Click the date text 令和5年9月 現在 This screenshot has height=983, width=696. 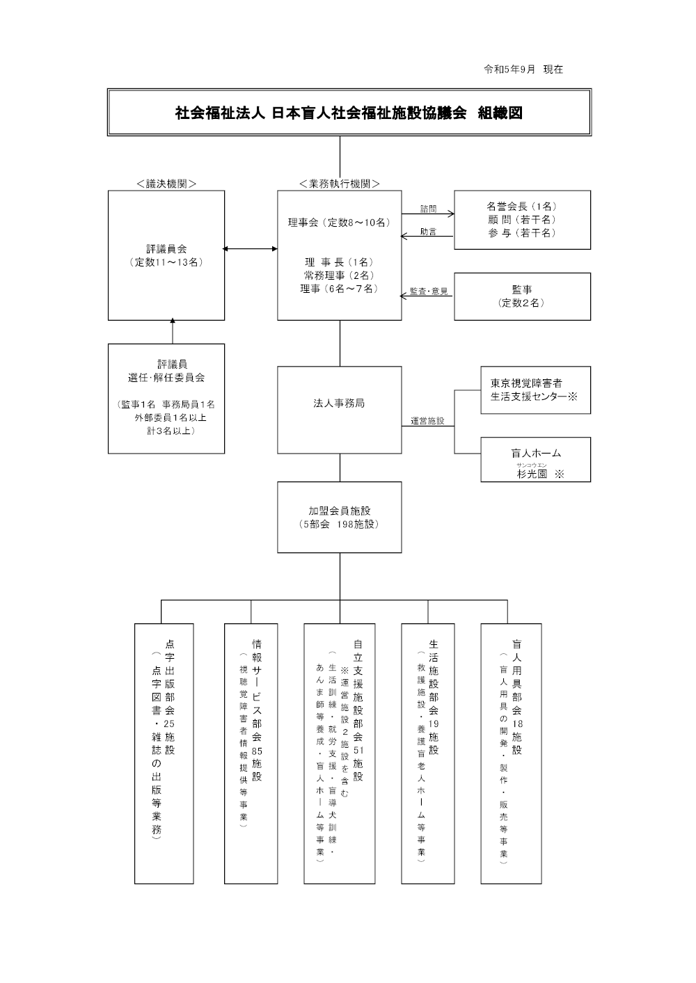point(523,70)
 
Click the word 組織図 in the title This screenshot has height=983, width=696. point(500,113)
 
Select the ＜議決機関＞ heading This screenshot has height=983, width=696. point(166,184)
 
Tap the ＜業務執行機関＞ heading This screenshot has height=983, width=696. point(340,184)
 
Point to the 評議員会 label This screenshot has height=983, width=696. point(166,249)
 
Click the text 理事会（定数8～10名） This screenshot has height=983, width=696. point(340,223)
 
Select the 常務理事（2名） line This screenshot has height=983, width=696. point(340,275)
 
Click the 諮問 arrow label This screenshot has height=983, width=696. point(428,209)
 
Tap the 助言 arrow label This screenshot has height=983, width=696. point(428,232)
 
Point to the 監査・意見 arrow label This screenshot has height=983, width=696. point(429,291)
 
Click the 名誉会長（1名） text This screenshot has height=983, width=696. point(522,206)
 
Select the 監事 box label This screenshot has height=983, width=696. point(522,289)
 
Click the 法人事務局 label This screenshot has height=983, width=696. point(339,403)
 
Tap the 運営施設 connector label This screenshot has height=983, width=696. point(428,421)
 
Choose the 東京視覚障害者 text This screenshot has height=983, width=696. point(526,383)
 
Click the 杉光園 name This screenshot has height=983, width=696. point(532,474)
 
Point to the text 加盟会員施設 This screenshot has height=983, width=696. point(340,511)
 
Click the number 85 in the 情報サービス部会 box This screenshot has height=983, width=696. point(257,752)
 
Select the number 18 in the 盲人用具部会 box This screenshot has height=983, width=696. point(517,724)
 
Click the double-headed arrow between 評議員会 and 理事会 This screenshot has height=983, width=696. point(251,249)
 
